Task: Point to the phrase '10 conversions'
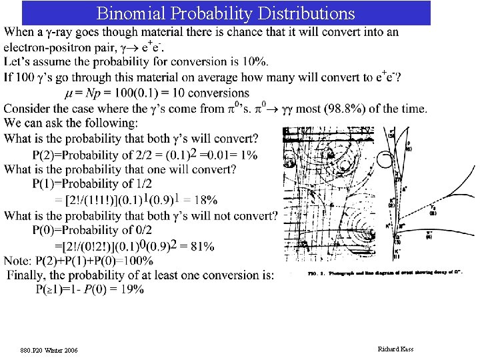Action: click(x=211, y=93)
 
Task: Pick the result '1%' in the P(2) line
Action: click(x=248, y=155)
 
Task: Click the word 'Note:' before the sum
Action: click(x=18, y=261)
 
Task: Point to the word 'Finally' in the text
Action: click(x=26, y=275)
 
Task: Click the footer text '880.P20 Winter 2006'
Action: click(x=49, y=349)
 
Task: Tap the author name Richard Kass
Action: click(x=395, y=349)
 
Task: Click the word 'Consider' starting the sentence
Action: click(x=28, y=108)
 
